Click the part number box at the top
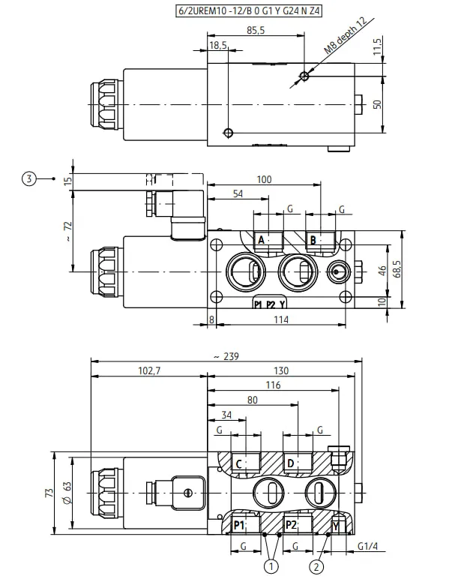tap(248, 10)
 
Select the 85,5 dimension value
tap(256, 30)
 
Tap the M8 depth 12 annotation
tap(346, 35)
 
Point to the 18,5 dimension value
tap(218, 46)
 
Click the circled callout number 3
tap(29, 178)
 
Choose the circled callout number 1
tap(271, 566)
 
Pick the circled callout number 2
tap(316, 566)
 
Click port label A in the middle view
tap(261, 240)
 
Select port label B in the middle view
tap(313, 241)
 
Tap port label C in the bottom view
tap(239, 463)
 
